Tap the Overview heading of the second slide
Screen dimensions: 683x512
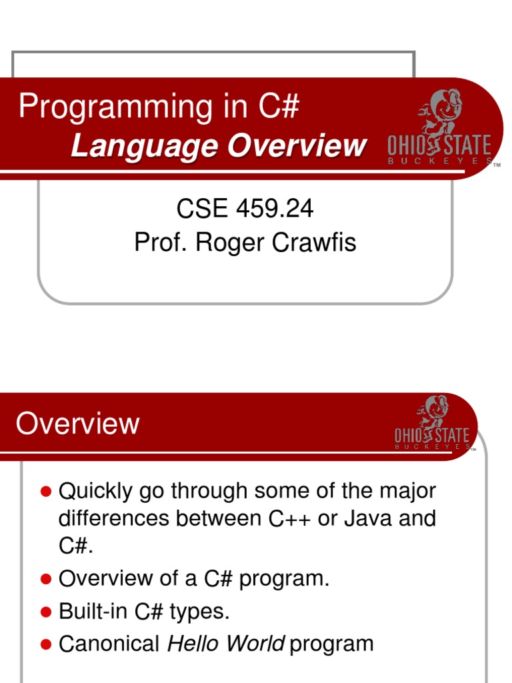pyautogui.click(x=77, y=424)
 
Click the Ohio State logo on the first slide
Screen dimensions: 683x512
pyautogui.click(x=441, y=130)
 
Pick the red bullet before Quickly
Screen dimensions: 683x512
pyautogui.click(x=46, y=492)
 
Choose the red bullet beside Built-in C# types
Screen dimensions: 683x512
pyautogui.click(x=46, y=611)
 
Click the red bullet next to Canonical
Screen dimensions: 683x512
pyautogui.click(x=46, y=644)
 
